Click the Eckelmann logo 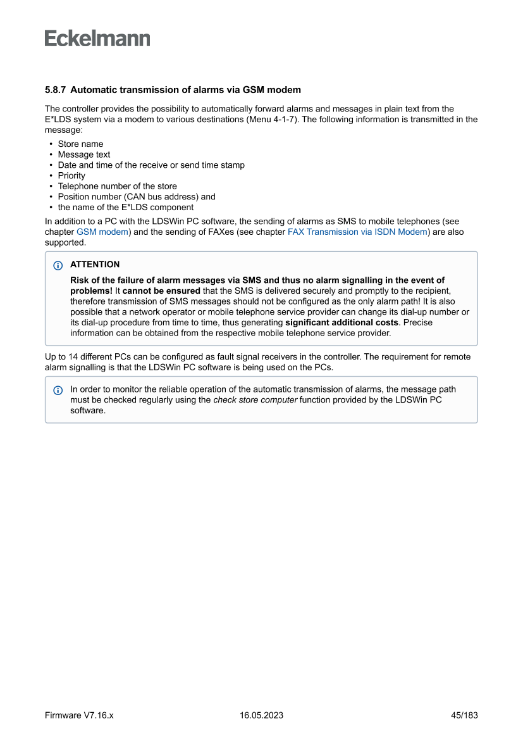click(97, 39)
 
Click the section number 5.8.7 click(55, 89)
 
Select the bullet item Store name click(80, 144)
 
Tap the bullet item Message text click(84, 154)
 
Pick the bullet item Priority click(71, 175)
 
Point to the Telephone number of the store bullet click(117, 186)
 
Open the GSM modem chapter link click(102, 232)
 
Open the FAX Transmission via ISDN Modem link click(357, 232)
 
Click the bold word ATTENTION click(95, 265)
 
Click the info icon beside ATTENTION click(58, 265)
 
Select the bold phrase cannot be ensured click(161, 291)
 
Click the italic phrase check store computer click(255, 400)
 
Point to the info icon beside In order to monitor click(58, 390)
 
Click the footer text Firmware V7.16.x click(79, 715)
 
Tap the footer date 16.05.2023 click(261, 715)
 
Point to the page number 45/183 click(464, 715)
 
